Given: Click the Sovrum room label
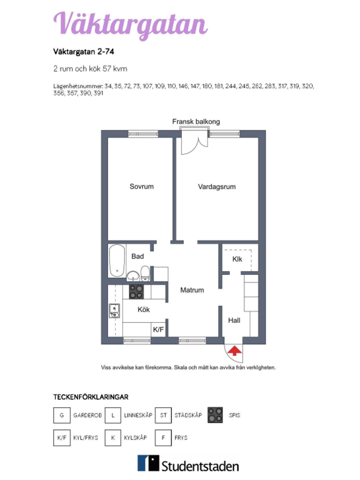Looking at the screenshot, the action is tap(141, 187).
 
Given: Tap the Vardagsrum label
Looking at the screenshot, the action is tap(217, 187).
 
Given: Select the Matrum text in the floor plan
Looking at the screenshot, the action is tap(192, 290).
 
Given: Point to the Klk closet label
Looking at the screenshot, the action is tap(237, 259).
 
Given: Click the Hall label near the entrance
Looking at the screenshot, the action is tap(234, 320).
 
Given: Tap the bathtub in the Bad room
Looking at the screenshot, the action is tap(117, 261).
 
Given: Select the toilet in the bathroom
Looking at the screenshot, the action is tap(145, 274).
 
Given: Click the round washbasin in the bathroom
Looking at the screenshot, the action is tap(133, 276).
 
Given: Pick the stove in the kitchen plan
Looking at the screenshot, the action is tap(136, 292).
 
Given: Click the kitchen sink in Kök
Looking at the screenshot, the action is tap(114, 311).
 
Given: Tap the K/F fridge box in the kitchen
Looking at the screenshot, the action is tap(158, 329).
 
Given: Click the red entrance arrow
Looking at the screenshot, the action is tap(235, 351).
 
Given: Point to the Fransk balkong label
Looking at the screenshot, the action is tap(196, 122).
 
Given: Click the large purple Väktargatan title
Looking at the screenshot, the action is tap(131, 25).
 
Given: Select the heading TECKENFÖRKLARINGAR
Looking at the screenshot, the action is tap(91, 397).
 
